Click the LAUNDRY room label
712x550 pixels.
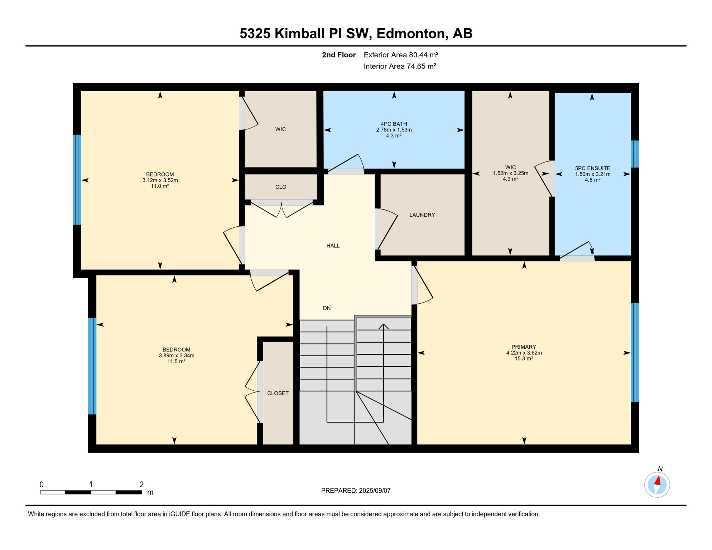tap(422, 215)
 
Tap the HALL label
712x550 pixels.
tap(333, 246)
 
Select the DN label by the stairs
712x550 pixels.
tap(327, 308)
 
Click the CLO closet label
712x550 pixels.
tap(281, 187)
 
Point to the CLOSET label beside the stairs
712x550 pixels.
tap(278, 393)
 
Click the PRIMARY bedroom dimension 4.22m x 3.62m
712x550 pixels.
tap(524, 353)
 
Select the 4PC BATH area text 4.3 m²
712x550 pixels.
tap(394, 136)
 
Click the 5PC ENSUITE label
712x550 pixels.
tap(592, 168)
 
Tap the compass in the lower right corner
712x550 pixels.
tap(657, 485)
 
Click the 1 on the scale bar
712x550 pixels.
tap(91, 484)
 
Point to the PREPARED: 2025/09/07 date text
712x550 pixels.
tap(356, 491)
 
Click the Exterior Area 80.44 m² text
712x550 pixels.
tap(401, 55)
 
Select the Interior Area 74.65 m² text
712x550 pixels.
tap(400, 66)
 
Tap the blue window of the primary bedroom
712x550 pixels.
tap(634, 353)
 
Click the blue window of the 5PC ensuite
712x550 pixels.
tap(634, 154)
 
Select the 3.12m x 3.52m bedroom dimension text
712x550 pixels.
tap(160, 180)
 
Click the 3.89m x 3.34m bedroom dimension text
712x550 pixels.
tap(176, 356)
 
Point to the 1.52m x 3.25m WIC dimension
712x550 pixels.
tap(510, 173)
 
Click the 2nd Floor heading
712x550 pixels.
tap(338, 55)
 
